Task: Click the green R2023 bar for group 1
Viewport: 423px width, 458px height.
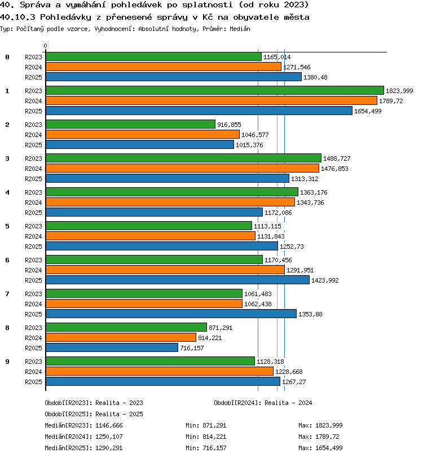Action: coord(215,90)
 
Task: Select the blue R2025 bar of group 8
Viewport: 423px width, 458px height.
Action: coord(112,347)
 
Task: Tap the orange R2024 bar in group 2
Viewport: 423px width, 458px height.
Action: coord(143,134)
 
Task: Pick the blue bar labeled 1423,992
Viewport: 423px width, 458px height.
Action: coord(178,280)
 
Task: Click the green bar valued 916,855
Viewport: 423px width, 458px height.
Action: coord(131,124)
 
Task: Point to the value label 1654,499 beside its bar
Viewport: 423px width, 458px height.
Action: coord(368,111)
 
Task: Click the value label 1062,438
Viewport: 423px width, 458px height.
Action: coord(258,304)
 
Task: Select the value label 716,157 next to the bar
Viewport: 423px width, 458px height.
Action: coord(192,348)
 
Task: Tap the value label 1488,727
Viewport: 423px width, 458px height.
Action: coord(337,158)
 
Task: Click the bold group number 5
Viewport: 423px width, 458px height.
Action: coord(7,226)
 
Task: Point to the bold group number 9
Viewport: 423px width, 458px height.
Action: coord(7,362)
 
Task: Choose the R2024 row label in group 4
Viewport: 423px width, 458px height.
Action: coord(33,202)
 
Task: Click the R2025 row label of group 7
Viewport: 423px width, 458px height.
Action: coord(33,314)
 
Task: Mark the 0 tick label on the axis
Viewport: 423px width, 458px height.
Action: coord(45,46)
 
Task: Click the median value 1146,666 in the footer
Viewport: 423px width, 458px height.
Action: coord(109,426)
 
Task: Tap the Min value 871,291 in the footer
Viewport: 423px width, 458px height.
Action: coord(214,426)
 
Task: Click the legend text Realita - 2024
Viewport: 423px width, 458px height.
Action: coord(288,403)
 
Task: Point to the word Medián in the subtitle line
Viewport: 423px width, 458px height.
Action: coord(240,29)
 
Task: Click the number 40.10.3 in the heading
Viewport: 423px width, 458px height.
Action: coord(17,17)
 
